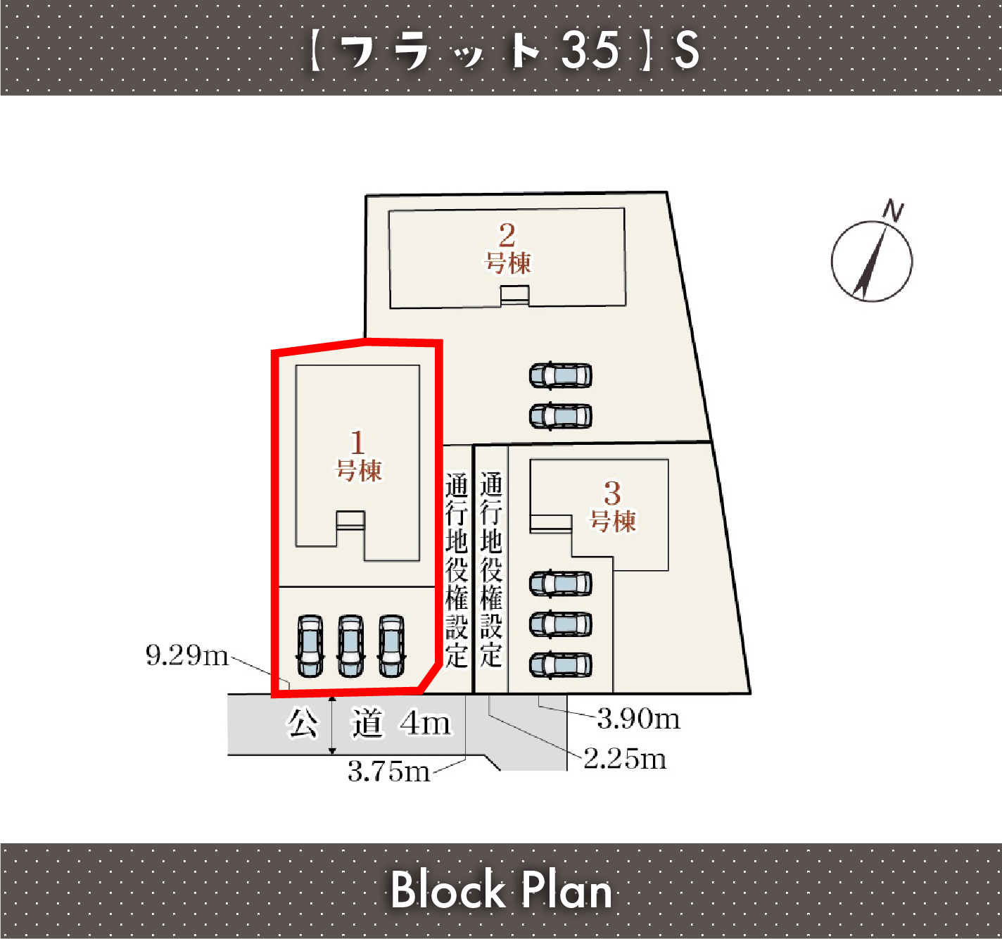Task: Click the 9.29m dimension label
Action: [187, 655]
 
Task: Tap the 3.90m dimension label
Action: [638, 718]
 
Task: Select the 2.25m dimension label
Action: [625, 758]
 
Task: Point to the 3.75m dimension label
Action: [388, 771]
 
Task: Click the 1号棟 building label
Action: [358, 455]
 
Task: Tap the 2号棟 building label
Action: [507, 248]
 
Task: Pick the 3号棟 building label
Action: [613, 506]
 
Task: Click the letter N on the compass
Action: [894, 210]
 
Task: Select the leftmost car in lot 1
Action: [310, 645]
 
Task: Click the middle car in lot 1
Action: [350, 645]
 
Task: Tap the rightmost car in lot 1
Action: [391, 645]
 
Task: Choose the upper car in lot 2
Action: [561, 376]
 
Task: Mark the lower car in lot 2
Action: [561, 416]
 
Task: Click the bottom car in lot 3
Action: [561, 664]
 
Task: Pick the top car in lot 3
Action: [561, 584]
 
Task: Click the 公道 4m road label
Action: [368, 723]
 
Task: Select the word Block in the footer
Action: [448, 890]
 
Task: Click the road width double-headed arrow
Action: [332, 725]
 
